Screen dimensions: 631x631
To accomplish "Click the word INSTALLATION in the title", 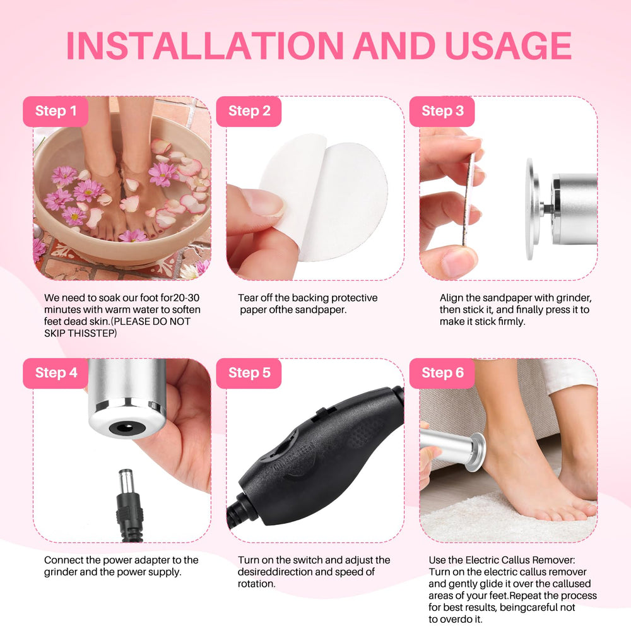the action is pos(205,45).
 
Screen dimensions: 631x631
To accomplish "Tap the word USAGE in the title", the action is pos(508,45).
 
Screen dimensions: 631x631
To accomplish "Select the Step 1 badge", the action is pos(56,111).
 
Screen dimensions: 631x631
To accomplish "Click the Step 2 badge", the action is pos(249,111).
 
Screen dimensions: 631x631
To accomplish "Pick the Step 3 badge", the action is pos(442,111).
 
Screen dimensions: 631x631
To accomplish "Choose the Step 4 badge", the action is pos(56,373).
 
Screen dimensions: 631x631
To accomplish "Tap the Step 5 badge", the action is pos(249,373).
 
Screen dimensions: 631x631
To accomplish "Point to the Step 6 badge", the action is pos(442,373).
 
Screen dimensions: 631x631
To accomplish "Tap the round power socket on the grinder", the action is pos(126,427).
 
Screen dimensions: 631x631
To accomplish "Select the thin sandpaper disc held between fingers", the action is pos(468,199).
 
